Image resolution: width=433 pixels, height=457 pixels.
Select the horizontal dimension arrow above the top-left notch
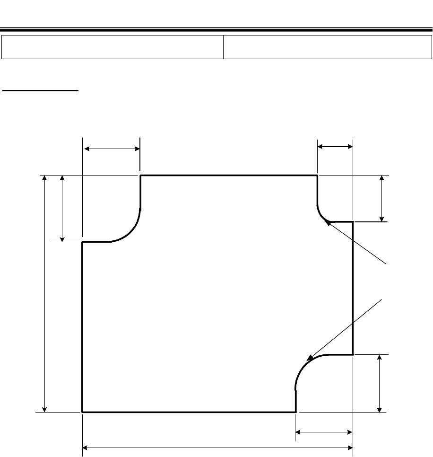pos(112,149)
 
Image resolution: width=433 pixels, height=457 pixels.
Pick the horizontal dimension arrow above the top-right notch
pos(335,147)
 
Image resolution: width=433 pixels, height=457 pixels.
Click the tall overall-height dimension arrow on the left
pos(45,293)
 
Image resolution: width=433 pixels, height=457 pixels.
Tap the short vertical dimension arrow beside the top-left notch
pos(62,208)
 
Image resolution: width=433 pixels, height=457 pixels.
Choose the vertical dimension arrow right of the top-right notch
pos(382,198)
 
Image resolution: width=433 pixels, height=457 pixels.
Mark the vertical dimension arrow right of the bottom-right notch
pos(379,384)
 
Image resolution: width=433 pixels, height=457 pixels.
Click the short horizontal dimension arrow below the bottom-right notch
pos(324,432)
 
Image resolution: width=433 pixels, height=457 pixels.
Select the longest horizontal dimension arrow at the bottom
pos(218,447)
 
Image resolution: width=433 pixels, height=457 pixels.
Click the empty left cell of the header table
pos(113,46)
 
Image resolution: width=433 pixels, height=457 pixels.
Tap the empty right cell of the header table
pos(327,46)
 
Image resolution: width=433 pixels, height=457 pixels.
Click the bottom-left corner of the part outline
pos(83,412)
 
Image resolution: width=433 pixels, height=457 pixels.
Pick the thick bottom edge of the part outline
pos(189,412)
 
